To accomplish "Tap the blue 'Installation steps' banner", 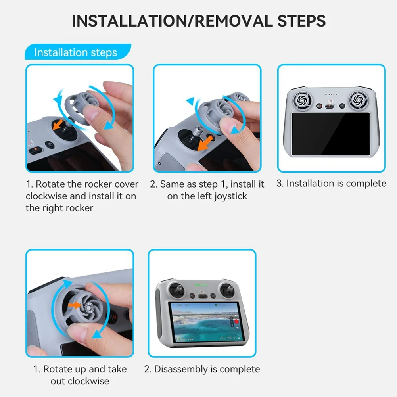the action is point(78,52).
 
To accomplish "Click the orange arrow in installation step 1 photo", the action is point(58,124).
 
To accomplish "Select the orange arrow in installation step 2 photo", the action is point(205,144).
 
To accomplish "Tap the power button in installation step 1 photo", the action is point(50,145).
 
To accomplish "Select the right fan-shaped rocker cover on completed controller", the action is point(359,100).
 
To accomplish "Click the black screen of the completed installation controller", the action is point(330,134).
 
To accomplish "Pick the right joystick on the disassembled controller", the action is point(228,290).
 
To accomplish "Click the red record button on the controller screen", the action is point(236,322).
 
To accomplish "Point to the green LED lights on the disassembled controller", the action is point(201,285).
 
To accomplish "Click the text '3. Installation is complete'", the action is point(331,184).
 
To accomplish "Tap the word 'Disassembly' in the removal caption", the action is point(181,369).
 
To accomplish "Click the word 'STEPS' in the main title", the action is point(301,21).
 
